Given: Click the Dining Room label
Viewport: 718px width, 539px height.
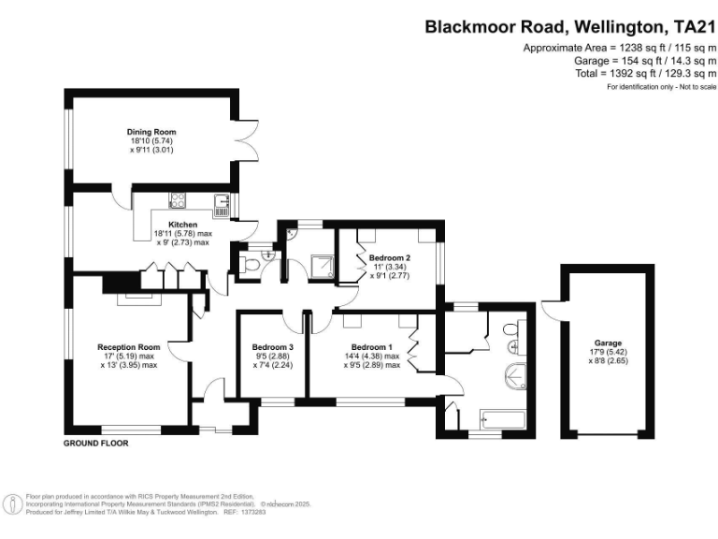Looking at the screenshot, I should (x=151, y=132).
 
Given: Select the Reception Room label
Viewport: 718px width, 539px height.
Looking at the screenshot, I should (x=129, y=347).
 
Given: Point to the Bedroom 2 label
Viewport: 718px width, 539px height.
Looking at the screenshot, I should (x=390, y=257).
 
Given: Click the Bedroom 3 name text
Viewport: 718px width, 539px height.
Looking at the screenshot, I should (x=272, y=347).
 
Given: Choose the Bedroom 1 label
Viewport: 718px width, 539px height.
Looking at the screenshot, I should (x=372, y=347).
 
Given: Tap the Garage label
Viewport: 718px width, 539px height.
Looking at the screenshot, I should (x=608, y=343).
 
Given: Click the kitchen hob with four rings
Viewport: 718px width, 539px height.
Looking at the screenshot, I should (x=177, y=198).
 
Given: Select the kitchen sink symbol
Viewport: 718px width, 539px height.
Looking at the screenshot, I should (x=222, y=198).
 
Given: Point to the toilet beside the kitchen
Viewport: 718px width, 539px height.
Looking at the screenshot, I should (x=249, y=266).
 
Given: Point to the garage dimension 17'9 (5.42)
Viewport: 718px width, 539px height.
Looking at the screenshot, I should (x=608, y=352).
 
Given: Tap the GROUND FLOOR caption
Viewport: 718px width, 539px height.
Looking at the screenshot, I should (x=95, y=443).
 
